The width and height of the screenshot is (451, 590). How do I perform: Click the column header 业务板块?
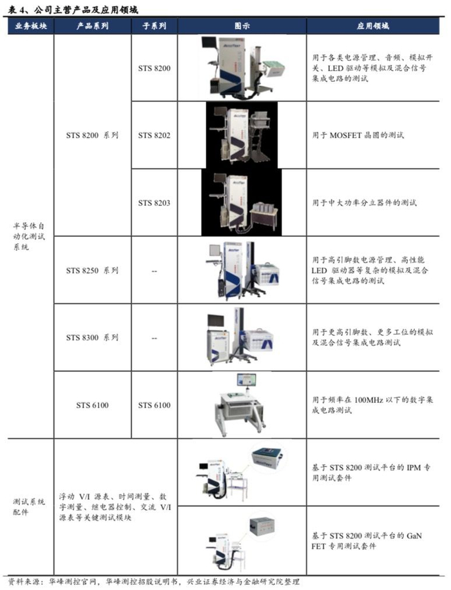point(31,26)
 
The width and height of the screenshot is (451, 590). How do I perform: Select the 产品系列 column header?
point(93,26)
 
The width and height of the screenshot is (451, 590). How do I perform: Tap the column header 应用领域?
point(373,26)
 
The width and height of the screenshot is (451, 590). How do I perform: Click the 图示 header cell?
point(242,26)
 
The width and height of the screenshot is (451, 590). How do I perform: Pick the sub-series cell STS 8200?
point(154,68)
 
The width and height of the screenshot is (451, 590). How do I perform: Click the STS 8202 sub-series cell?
point(154,135)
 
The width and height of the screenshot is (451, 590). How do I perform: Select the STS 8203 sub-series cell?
point(154,203)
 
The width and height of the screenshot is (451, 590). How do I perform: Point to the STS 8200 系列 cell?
point(93,135)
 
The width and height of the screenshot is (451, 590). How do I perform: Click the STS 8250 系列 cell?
point(93,270)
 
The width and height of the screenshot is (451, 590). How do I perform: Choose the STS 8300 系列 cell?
point(93,337)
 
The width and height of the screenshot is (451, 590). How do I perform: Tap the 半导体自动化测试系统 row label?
point(29,236)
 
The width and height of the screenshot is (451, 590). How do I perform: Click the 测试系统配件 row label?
point(29,506)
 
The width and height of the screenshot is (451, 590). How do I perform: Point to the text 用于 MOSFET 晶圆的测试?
point(358,135)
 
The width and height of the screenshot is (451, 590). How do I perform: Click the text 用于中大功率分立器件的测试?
point(364,203)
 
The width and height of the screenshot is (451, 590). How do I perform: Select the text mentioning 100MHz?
point(372,405)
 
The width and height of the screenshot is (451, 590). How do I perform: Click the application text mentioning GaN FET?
point(367,541)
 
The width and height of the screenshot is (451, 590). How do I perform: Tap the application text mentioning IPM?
point(371,473)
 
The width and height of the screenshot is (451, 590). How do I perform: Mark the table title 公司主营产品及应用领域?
point(86,10)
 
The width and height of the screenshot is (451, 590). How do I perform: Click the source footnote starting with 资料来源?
point(154,582)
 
